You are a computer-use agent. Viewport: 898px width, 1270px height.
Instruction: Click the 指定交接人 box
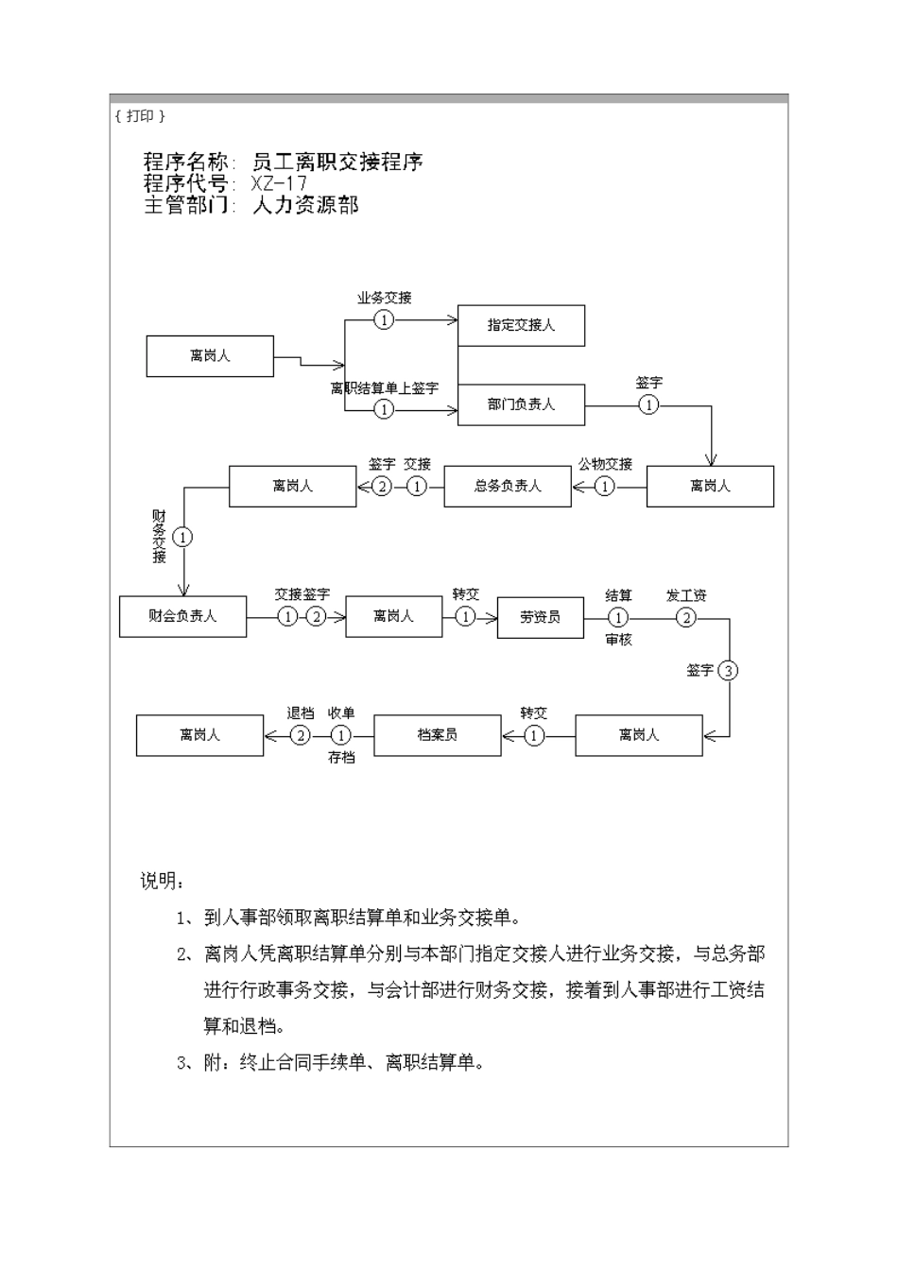click(521, 325)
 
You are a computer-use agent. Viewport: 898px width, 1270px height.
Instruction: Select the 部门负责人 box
click(521, 404)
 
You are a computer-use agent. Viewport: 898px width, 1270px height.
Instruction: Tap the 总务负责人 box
click(508, 487)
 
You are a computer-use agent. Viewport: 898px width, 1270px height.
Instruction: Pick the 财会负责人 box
click(182, 616)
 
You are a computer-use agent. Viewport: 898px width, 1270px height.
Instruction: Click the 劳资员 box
click(540, 617)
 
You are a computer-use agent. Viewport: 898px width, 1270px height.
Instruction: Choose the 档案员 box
click(437, 734)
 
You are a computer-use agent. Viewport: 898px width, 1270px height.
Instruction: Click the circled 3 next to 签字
click(727, 671)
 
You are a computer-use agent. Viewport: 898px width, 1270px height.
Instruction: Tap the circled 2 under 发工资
click(686, 617)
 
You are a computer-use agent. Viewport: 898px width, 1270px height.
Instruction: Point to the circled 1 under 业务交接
click(384, 319)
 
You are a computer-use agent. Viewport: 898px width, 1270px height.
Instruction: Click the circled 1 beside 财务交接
click(182, 537)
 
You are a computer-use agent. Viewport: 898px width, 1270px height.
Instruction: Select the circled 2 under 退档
click(300, 734)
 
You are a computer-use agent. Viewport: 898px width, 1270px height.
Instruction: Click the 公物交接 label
click(605, 464)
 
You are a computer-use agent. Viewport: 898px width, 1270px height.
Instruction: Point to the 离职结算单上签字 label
click(384, 388)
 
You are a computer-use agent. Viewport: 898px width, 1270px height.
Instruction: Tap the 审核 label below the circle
click(618, 640)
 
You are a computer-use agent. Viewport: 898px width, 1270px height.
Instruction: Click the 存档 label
click(341, 757)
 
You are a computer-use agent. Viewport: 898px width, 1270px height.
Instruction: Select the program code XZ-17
click(280, 183)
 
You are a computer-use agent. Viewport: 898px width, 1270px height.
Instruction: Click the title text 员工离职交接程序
click(337, 162)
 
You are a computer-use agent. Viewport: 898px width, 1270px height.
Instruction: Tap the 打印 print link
click(140, 115)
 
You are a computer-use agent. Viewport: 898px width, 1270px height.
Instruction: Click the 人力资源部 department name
click(305, 205)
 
